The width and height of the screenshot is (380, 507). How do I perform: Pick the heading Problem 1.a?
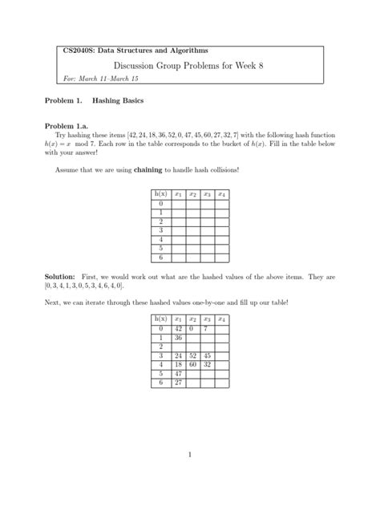point(73,127)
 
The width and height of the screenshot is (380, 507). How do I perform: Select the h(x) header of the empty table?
point(160,194)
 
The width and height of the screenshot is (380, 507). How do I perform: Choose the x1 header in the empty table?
point(178,194)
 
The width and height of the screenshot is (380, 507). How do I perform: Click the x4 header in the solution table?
point(221,318)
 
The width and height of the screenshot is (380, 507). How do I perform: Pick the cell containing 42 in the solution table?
point(178,329)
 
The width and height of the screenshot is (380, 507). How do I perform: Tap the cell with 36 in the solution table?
point(178,339)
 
